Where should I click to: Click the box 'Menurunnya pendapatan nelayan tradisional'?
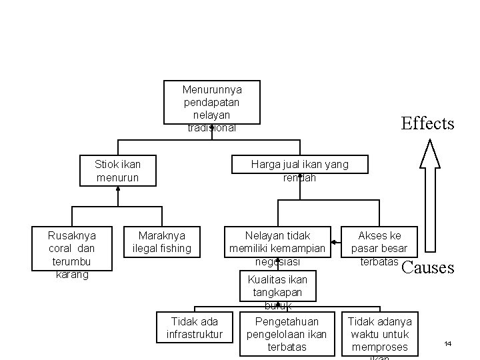[212, 103]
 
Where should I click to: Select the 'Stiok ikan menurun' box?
[117, 171]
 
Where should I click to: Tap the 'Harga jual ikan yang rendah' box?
[299, 171]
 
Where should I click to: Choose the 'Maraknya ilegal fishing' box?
[162, 242]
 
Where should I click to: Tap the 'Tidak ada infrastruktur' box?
[194, 327]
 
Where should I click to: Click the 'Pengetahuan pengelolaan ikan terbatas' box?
[287, 333]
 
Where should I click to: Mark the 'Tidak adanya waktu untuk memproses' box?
[379, 333]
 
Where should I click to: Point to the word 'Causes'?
[428, 269]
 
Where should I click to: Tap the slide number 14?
[448, 343]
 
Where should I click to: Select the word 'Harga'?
[265, 164]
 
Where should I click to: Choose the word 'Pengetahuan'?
[287, 321]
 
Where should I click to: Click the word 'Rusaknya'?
[72, 235]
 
